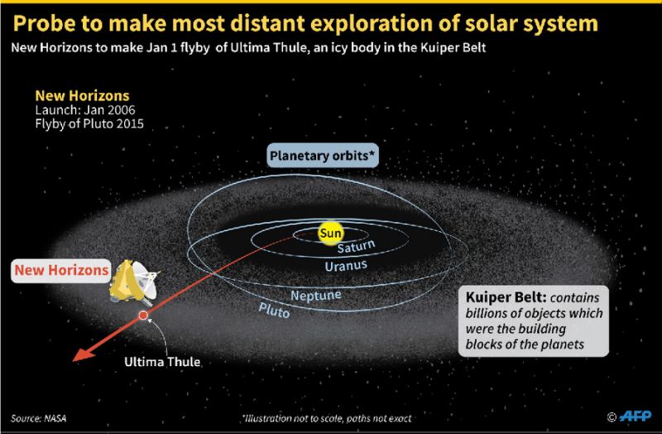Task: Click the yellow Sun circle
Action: [x=330, y=233]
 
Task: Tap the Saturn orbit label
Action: [x=356, y=246]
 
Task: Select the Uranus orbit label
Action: [x=346, y=266]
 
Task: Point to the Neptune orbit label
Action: [x=316, y=296]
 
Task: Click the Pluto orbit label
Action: [x=274, y=311]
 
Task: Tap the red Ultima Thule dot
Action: [x=143, y=316]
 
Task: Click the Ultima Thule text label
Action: [x=162, y=362]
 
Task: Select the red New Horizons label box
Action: [x=61, y=271]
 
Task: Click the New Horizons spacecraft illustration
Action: [x=134, y=282]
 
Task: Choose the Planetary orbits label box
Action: [x=322, y=156]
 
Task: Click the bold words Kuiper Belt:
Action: [x=506, y=297]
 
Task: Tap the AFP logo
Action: [x=636, y=417]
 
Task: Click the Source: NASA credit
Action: [x=38, y=418]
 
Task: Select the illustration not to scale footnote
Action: [x=327, y=418]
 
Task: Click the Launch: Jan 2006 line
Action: [x=85, y=110]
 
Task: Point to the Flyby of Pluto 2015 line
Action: [x=89, y=124]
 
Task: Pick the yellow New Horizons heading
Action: [x=82, y=95]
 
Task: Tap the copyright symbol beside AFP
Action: [x=612, y=417]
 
